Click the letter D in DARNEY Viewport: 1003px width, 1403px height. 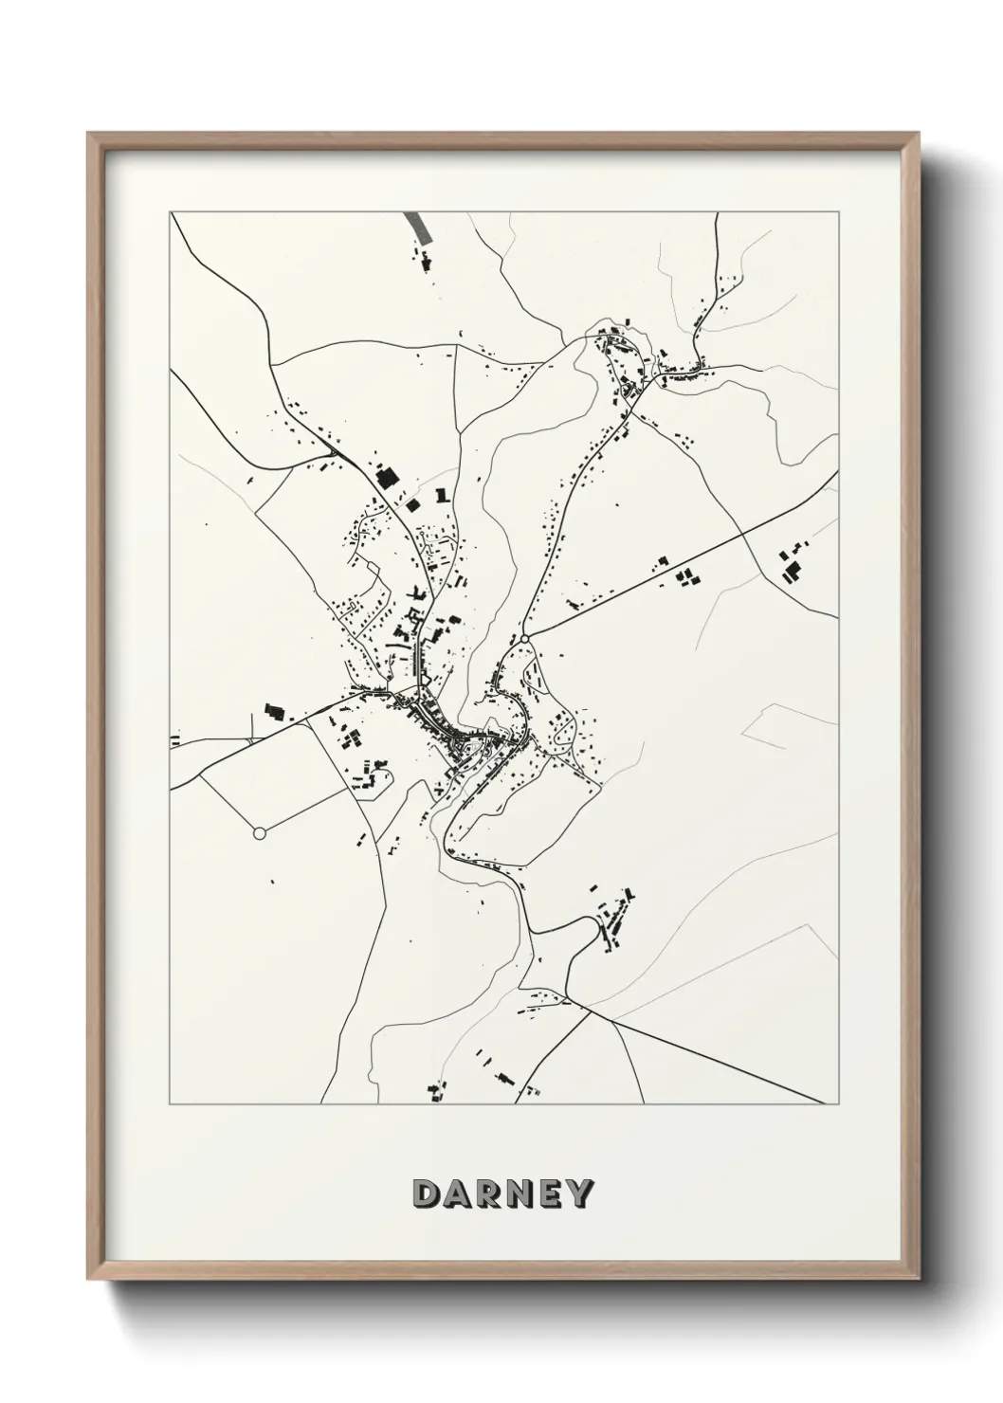coord(426,1193)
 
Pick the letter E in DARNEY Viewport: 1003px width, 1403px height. coord(551,1193)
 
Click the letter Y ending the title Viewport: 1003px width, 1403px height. coord(579,1193)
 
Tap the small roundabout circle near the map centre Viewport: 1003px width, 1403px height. coord(524,642)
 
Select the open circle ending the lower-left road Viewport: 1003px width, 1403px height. coord(259,833)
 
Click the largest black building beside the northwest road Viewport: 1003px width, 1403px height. coord(386,477)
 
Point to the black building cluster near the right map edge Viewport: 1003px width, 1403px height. coord(790,566)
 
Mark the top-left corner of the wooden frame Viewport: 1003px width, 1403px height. coord(88,134)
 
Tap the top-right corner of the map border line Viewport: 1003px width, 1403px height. coord(838,212)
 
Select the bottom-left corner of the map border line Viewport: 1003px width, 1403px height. coord(171,1104)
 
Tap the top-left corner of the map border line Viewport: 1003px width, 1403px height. coord(171,212)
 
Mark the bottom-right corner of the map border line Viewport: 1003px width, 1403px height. coord(838,1104)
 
